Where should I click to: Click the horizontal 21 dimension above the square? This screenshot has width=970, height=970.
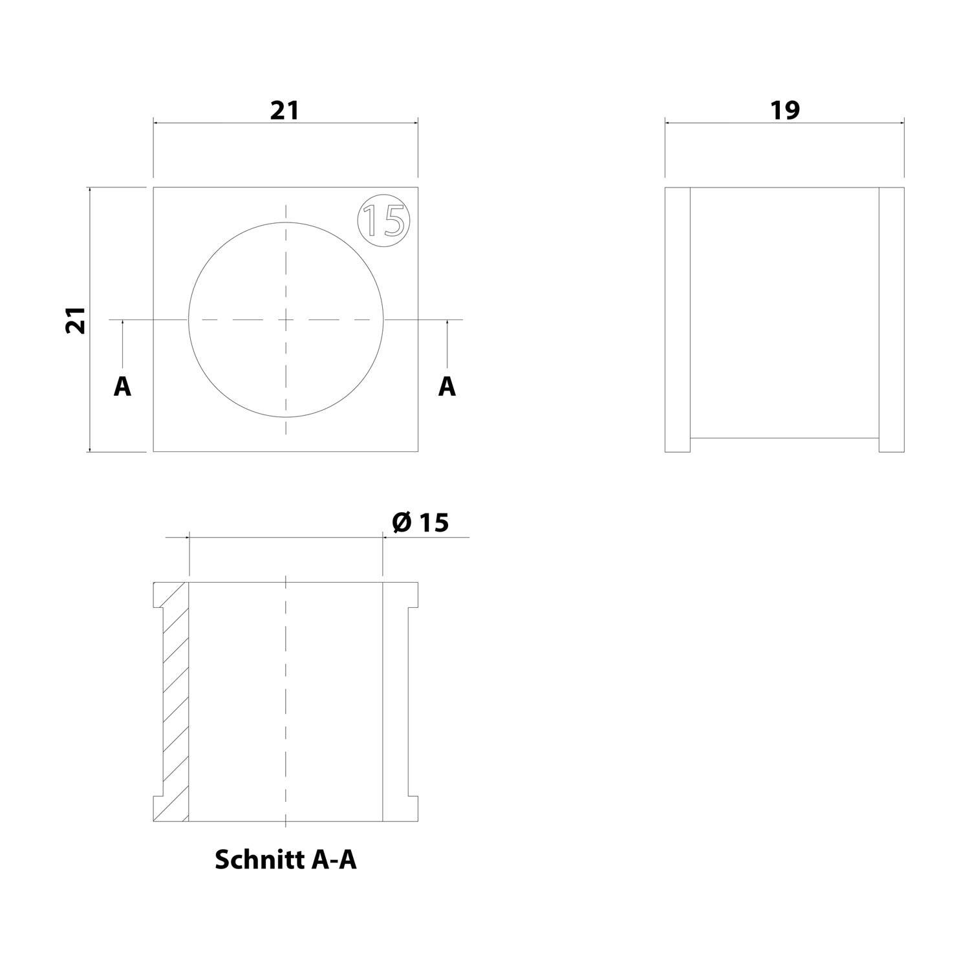click(x=285, y=110)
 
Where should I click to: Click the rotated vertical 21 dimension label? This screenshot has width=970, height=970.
click(x=76, y=319)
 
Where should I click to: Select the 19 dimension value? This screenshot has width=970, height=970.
click(x=784, y=110)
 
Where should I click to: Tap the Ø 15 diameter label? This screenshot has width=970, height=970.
click(x=420, y=523)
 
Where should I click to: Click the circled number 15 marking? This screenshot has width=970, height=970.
click(x=384, y=219)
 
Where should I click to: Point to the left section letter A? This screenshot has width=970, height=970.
click(x=122, y=387)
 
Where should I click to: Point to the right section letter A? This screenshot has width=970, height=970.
click(x=447, y=387)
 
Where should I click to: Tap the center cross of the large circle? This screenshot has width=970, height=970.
click(x=286, y=319)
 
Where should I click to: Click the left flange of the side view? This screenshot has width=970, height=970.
click(x=678, y=319)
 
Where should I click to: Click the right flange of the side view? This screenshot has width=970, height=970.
click(x=891, y=319)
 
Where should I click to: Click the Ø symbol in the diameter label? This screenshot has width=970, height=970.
click(x=402, y=523)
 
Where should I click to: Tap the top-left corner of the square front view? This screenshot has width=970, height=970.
click(x=153, y=188)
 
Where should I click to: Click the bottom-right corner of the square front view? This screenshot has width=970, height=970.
click(x=418, y=451)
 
